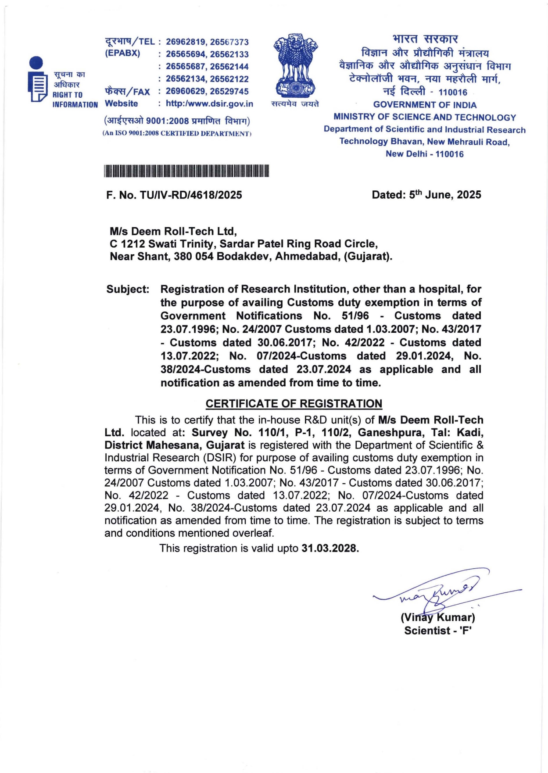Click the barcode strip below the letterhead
(186, 171)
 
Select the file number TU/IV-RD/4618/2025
(190, 195)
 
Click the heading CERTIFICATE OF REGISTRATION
(294, 403)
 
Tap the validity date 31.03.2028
(330, 549)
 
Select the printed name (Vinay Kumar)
(437, 617)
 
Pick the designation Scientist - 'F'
(437, 631)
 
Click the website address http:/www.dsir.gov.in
(209, 104)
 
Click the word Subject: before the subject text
(128, 289)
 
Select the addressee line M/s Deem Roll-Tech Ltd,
(173, 231)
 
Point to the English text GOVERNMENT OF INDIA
(425, 105)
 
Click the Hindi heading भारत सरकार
(425, 39)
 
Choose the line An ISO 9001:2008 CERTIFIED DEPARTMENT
(177, 133)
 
